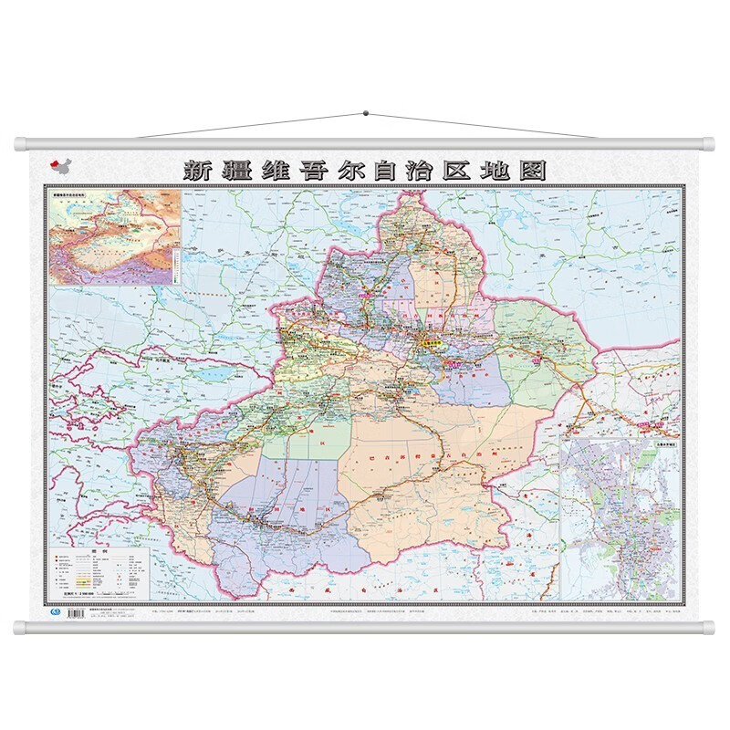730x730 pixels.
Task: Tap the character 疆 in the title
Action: pyautogui.click(x=239, y=170)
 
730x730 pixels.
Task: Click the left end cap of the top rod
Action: pyautogui.click(x=20, y=143)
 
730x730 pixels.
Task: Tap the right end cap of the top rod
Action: pyautogui.click(x=710, y=143)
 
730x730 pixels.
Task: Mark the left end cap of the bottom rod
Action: pyautogui.click(x=20, y=628)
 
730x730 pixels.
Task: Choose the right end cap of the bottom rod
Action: pyautogui.click(x=710, y=628)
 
